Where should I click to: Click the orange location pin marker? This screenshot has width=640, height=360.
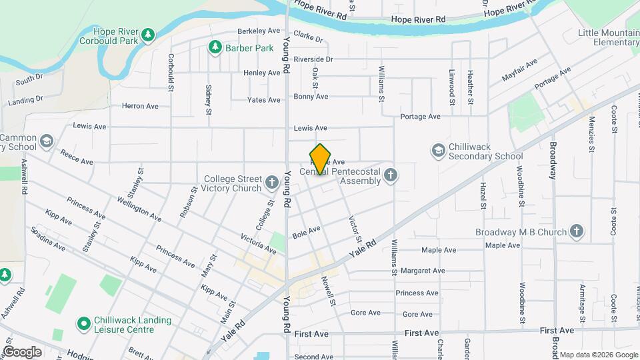[321, 159]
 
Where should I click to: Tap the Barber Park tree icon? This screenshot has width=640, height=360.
[215, 47]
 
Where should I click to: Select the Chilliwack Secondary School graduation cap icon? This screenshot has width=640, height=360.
[438, 151]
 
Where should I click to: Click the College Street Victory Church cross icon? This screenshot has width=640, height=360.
[271, 182]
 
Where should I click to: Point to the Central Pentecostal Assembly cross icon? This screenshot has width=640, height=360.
[391, 175]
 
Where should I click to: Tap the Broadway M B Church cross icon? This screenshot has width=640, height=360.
[577, 232]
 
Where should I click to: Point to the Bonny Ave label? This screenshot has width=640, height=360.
[311, 97]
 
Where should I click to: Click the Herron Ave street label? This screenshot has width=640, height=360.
[140, 106]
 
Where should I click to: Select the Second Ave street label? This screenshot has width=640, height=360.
[313, 357]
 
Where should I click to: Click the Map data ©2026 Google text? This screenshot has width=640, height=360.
[598, 354]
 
